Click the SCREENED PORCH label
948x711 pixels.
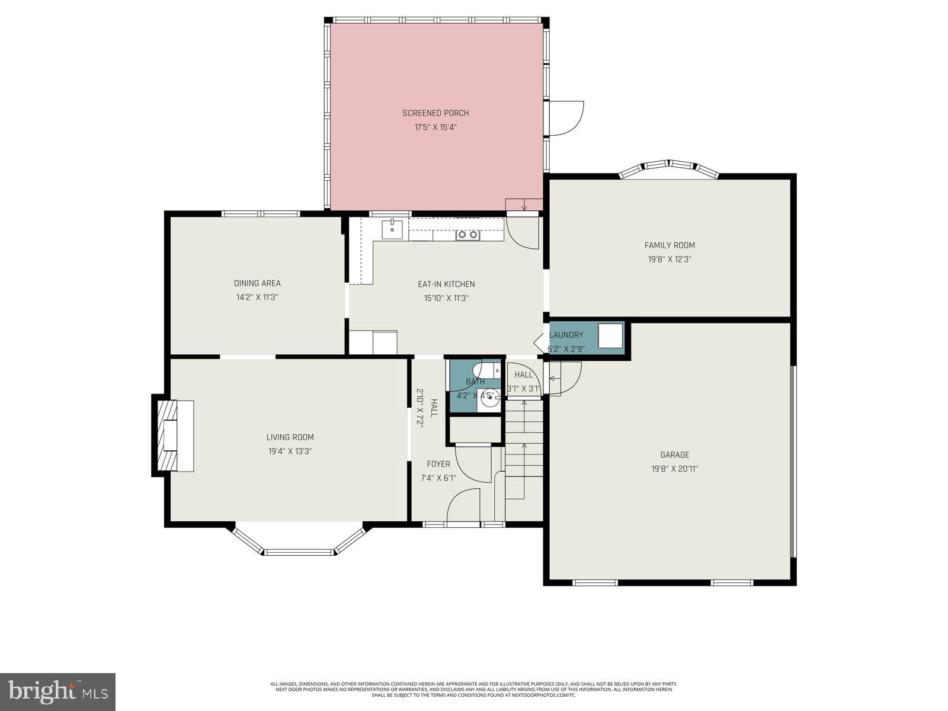(435, 113)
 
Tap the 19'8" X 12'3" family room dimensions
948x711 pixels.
(670, 260)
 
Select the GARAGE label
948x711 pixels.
(675, 455)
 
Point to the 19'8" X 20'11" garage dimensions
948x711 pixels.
(675, 469)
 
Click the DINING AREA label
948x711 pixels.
(257, 283)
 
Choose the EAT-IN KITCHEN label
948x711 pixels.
(446, 284)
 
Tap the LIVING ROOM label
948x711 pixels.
(290, 437)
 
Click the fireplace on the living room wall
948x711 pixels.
(172, 436)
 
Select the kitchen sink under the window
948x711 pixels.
(392, 229)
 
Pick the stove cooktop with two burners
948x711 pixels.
(467, 235)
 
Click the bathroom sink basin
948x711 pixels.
(490, 400)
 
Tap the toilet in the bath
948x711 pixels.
(491, 369)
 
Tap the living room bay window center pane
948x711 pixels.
(299, 552)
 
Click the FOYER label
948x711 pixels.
(438, 464)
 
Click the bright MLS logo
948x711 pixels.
(57, 691)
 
